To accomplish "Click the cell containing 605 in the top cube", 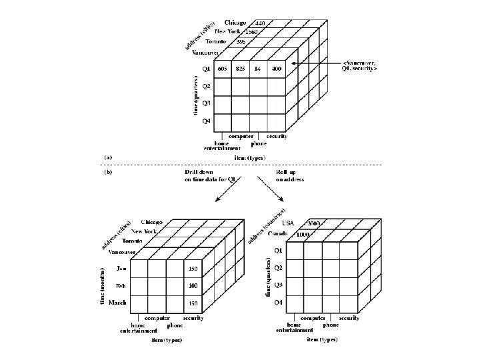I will [x=222, y=69].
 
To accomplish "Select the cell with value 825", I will [x=241, y=69].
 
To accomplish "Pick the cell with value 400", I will [x=277, y=69].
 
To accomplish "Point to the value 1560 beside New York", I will [x=251, y=32].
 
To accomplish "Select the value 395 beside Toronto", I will [x=246, y=41].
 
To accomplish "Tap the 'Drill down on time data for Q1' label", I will [x=212, y=175].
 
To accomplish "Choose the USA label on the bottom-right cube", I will [x=289, y=223].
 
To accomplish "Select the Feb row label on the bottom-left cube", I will [x=121, y=286].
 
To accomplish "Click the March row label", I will [x=117, y=303].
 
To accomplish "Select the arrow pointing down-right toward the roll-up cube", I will [x=270, y=190].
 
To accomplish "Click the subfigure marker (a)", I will [x=107, y=157].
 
